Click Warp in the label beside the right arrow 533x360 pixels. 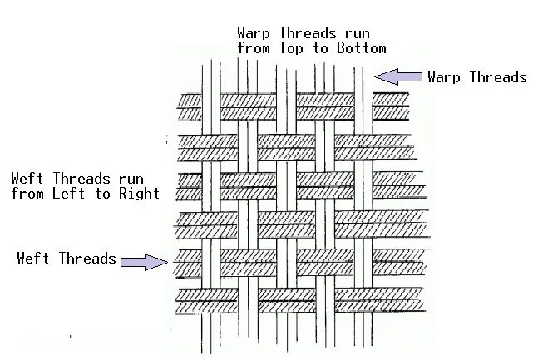click(445, 77)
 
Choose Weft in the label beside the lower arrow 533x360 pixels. click(33, 259)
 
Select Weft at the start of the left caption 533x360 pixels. click(27, 179)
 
